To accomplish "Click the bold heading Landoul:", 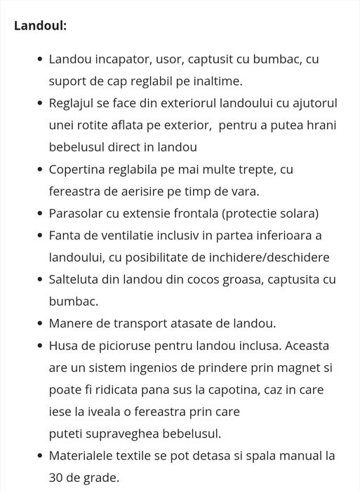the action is click(x=41, y=26).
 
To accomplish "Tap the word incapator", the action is click(x=121, y=59).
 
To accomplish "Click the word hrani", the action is click(x=320, y=125).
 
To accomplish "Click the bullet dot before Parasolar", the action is click(x=39, y=213).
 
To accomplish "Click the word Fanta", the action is click(x=65, y=235).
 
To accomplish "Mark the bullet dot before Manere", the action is click(x=39, y=323).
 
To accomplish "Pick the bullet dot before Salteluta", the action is click(x=39, y=279).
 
